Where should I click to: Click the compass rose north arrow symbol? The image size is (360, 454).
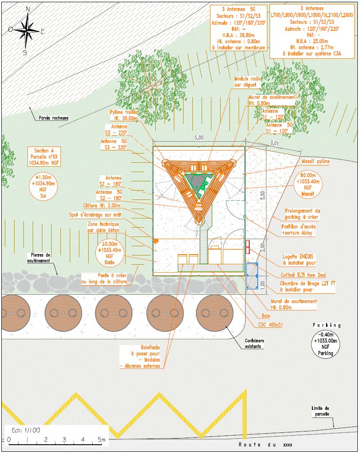pos(28,30)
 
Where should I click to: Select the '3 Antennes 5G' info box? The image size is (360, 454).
pos(238,28)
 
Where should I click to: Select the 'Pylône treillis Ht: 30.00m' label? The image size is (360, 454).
pos(123,115)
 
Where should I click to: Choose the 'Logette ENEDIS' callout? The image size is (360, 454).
pos(299,259)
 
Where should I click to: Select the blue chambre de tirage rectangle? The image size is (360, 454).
pos(252,276)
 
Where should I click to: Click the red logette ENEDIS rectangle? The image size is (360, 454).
pos(248,247)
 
